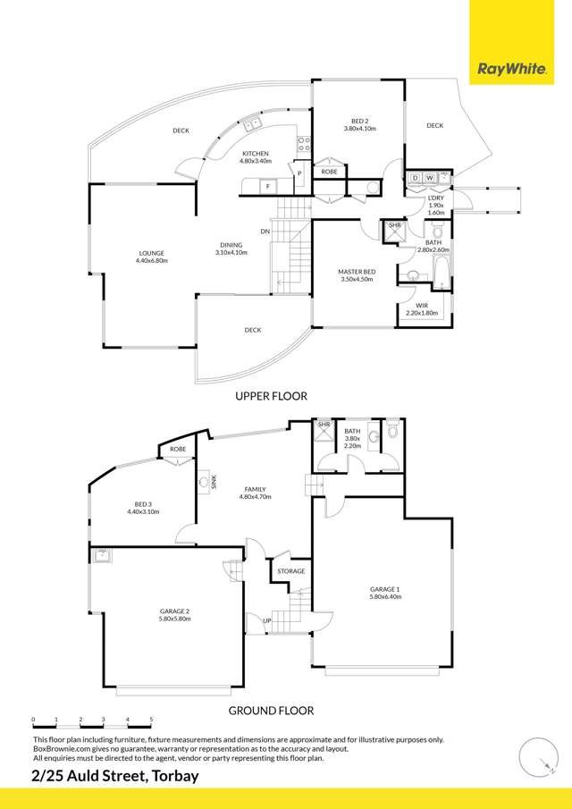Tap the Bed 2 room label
360,124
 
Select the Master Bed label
357,275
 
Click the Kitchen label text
256,156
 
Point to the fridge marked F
268,186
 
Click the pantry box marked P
299,173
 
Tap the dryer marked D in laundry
415,179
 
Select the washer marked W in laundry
429,179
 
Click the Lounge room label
151,257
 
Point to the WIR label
421,309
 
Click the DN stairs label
265,232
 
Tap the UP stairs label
267,620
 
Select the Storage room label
291,571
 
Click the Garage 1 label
385,593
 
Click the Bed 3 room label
143,508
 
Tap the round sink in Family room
205,483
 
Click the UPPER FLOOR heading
272,396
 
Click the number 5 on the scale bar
151,718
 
